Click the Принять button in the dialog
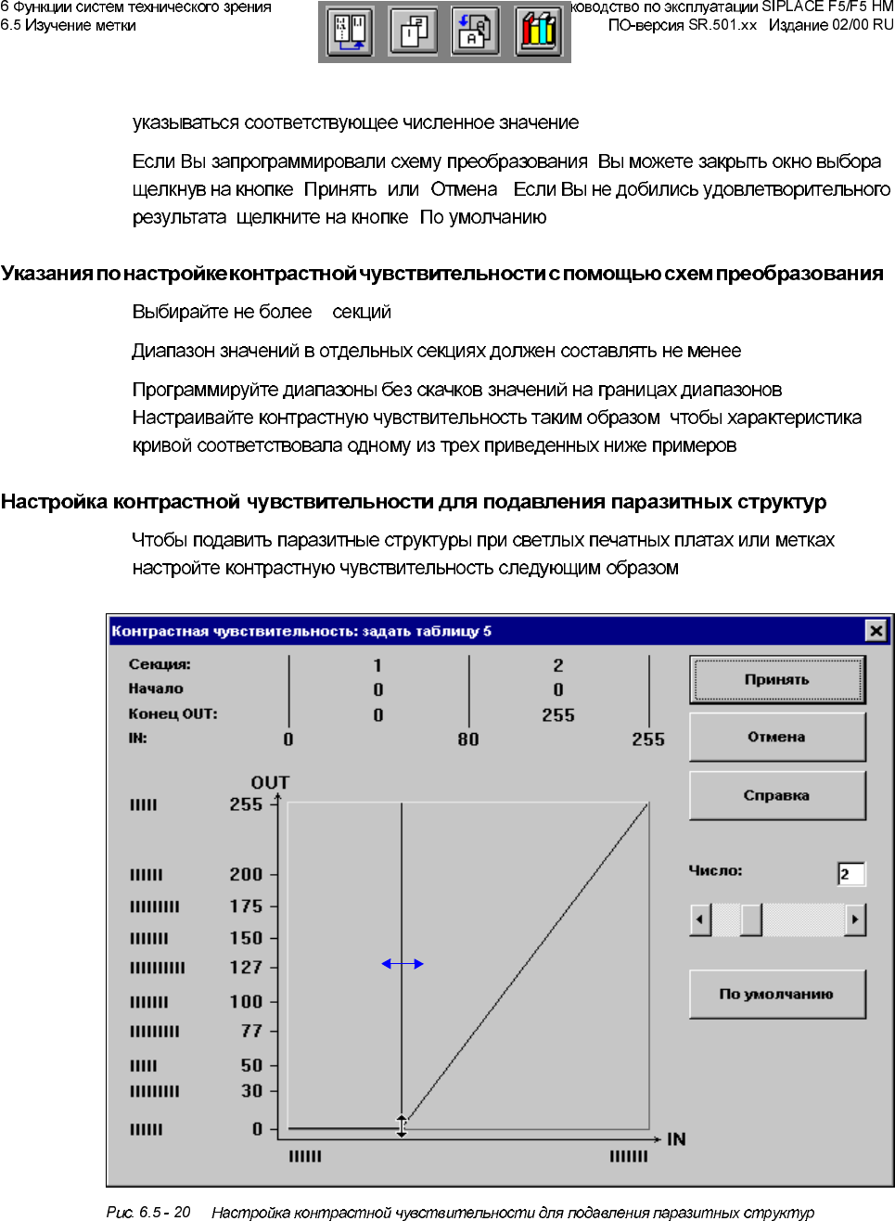click(776, 680)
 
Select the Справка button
click(776, 795)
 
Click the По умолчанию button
click(776, 994)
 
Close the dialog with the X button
click(876, 631)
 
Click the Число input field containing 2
click(850, 874)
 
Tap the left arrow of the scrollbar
click(701, 919)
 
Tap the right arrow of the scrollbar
click(854, 919)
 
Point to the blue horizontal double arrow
click(403, 964)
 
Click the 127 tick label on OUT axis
click(246, 968)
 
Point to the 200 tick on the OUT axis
click(246, 874)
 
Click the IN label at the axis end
click(676, 1139)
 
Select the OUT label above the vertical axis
click(270, 782)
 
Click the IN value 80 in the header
click(468, 739)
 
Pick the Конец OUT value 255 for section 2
click(558, 715)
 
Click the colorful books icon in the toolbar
click(538, 31)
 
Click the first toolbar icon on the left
click(351, 31)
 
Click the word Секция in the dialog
click(160, 664)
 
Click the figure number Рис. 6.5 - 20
click(148, 1212)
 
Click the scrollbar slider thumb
click(750, 919)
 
